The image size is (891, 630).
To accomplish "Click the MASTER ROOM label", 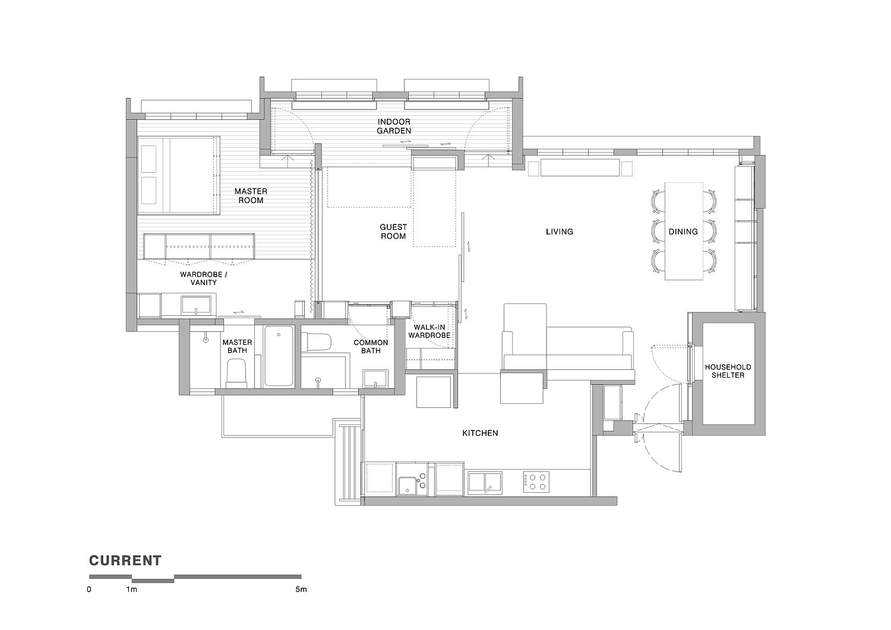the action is click(251, 196).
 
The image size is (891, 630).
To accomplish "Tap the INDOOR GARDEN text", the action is click(394, 126).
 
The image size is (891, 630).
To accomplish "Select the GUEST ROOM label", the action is click(393, 232).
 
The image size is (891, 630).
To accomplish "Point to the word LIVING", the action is click(560, 232).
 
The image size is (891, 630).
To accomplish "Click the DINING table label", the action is click(683, 232).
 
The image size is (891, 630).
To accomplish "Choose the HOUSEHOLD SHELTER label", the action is click(728, 371).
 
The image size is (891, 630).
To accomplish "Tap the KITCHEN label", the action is click(480, 433).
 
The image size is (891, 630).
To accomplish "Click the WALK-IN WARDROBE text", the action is click(429, 331).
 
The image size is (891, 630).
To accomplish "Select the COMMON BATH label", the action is click(371, 346).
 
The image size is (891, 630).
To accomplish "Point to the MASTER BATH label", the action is click(237, 346).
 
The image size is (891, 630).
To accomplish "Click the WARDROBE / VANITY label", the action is click(204, 278).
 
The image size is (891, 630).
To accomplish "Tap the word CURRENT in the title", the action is click(125, 561).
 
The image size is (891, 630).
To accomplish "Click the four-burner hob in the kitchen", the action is click(536, 482).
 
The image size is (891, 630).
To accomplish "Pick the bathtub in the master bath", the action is click(279, 356).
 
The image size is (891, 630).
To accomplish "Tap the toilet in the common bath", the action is click(316, 343).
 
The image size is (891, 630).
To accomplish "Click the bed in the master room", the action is click(179, 175).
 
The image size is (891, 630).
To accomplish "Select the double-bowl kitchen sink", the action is click(485, 482).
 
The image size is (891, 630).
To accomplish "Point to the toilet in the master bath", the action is click(236, 373).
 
